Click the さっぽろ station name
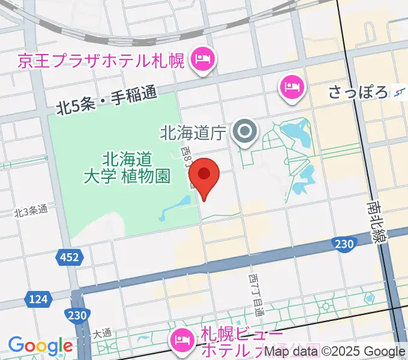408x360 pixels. [x=358, y=92]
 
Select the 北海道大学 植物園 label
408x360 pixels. [x=127, y=167]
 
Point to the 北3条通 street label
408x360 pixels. [x=31, y=211]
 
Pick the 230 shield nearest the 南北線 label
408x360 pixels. [x=344, y=242]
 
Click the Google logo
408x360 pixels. [x=40, y=346]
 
